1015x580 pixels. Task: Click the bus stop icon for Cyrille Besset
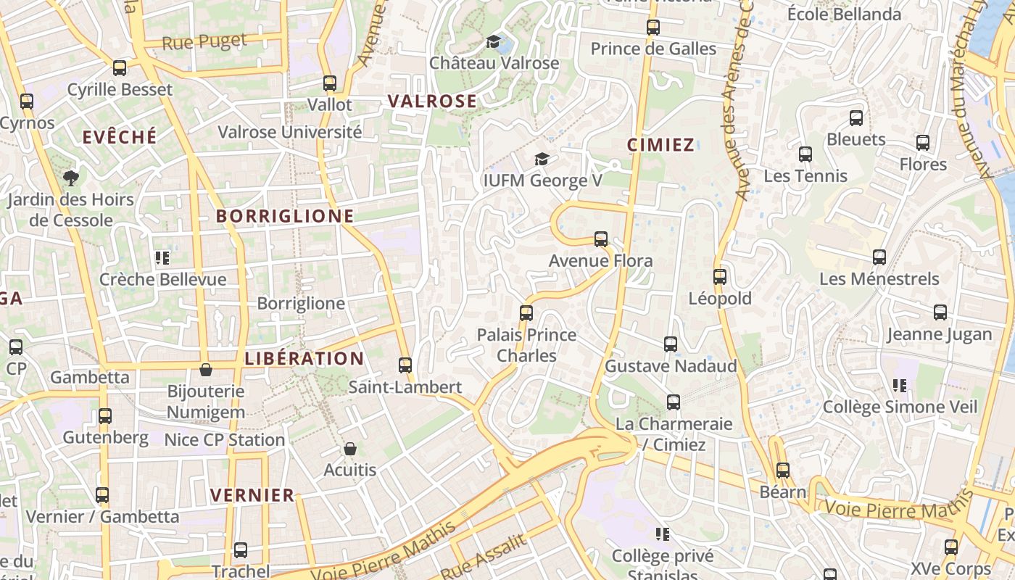click(120, 68)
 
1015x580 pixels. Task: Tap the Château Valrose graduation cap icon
click(494, 41)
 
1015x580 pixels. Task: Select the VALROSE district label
click(432, 101)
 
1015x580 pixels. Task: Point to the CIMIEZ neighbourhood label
click(660, 144)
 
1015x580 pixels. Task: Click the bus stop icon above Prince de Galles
click(653, 28)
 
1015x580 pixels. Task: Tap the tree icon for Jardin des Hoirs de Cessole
click(70, 178)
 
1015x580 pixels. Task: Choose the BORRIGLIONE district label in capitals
click(285, 215)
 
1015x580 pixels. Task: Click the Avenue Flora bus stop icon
click(601, 239)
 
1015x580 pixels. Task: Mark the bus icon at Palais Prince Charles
click(526, 313)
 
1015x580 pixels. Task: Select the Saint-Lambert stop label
click(405, 387)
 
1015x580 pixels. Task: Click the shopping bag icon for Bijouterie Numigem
click(206, 370)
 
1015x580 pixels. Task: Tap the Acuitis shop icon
click(350, 449)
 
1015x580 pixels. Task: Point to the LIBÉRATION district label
click(304, 358)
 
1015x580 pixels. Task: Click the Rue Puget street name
click(204, 41)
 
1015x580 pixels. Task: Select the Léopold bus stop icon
click(720, 276)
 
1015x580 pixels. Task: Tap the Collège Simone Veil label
click(900, 407)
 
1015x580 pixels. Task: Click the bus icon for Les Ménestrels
click(879, 257)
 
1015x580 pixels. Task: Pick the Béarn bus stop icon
click(783, 471)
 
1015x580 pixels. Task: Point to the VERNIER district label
click(252, 495)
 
